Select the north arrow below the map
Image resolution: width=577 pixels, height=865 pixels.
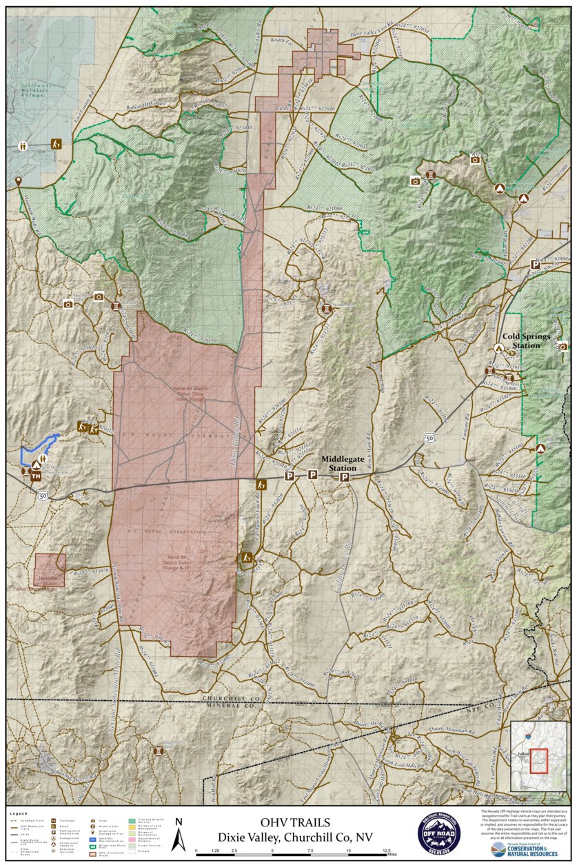(179, 835)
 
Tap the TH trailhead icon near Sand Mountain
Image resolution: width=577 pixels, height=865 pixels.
(35, 476)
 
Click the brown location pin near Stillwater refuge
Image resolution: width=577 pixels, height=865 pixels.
(19, 181)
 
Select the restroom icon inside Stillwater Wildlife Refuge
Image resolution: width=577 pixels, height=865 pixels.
(24, 146)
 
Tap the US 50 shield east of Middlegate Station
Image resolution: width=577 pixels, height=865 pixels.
(429, 438)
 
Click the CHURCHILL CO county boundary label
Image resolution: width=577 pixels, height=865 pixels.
(230, 698)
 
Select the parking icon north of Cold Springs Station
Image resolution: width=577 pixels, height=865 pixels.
(534, 264)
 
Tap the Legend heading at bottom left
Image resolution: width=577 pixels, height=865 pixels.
(19, 814)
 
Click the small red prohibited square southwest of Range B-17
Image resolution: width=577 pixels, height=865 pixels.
(50, 570)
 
